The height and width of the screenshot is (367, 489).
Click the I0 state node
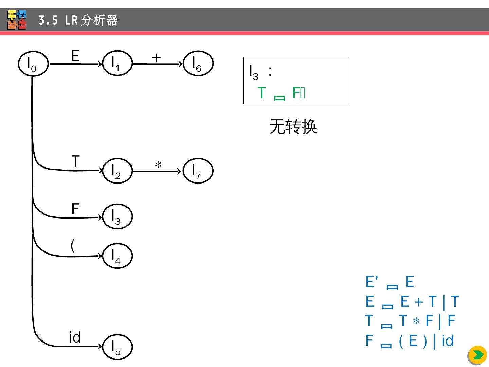click(33, 64)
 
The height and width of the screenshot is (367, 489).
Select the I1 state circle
click(117, 63)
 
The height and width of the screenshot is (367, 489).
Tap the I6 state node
click(198, 63)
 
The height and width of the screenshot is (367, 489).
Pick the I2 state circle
click(117, 171)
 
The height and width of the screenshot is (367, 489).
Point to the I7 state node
click(198, 171)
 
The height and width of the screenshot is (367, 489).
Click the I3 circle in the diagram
click(117, 216)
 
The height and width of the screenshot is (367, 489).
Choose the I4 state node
click(117, 256)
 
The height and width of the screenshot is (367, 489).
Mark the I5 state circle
click(117, 347)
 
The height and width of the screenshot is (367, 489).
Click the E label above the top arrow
click(75, 56)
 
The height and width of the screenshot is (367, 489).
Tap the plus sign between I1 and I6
click(156, 58)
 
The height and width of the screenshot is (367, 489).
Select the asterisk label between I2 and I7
click(158, 165)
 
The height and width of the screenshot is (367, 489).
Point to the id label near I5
click(75, 337)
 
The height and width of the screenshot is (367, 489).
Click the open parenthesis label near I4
click(73, 245)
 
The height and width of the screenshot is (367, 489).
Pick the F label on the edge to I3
click(75, 209)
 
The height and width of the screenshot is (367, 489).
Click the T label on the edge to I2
click(75, 161)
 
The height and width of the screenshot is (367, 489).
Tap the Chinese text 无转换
click(293, 127)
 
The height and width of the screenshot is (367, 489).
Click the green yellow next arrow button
click(477, 355)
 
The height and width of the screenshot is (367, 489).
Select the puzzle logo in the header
click(17, 20)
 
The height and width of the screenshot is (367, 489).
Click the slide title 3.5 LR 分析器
click(78, 20)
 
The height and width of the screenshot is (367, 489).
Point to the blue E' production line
click(390, 282)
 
